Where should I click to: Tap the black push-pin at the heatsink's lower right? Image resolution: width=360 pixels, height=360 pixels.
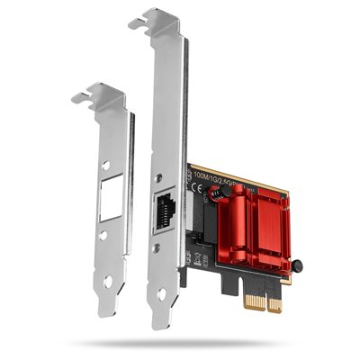[295, 266]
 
